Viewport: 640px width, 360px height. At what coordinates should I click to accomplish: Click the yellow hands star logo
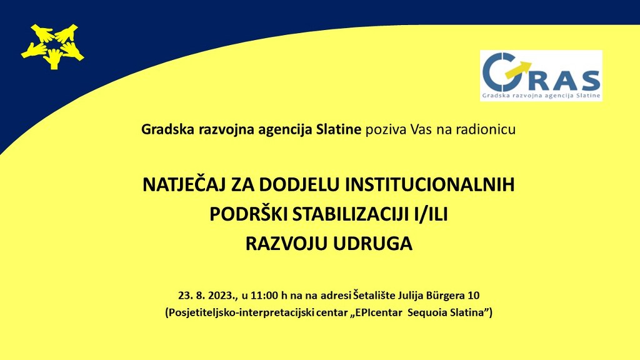(x=52, y=46)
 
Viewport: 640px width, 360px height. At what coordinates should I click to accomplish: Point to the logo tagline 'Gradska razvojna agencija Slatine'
(x=541, y=96)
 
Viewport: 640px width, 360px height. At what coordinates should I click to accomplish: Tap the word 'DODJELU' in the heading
(x=299, y=184)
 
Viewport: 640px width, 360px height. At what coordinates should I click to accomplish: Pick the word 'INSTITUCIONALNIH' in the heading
(x=430, y=184)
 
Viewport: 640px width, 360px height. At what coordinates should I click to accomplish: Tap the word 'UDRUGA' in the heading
(x=373, y=244)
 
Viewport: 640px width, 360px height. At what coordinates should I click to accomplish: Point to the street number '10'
(x=474, y=295)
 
